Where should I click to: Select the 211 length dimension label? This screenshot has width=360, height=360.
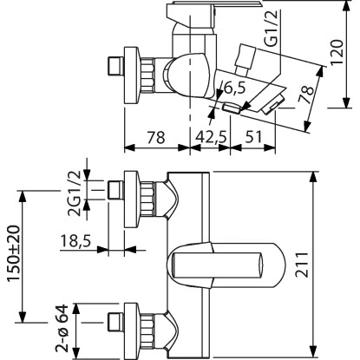pyautogui.click(x=302, y=265)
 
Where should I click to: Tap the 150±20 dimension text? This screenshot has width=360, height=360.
pyautogui.click(x=14, y=253)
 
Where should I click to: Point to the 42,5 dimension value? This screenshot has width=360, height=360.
pyautogui.click(x=211, y=136)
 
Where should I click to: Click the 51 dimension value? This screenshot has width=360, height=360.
pyautogui.click(x=253, y=136)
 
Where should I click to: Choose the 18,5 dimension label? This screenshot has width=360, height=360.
pyautogui.click(x=75, y=240)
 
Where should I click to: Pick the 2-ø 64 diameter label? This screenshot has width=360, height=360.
pyautogui.click(x=62, y=329)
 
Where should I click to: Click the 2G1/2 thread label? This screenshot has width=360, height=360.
pyautogui.click(x=73, y=193)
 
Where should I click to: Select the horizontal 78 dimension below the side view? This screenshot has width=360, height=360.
pyautogui.click(x=156, y=136)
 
